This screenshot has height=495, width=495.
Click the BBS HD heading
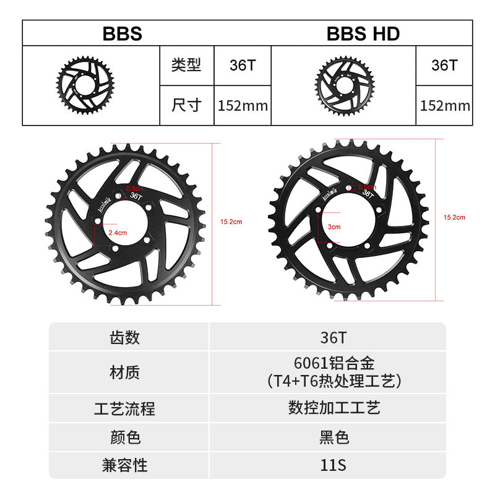point(363,33)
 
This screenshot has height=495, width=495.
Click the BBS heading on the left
point(122,33)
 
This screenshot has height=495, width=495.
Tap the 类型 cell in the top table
point(186,65)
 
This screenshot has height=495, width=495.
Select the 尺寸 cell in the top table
point(186,105)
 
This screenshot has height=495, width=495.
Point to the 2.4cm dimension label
point(117,233)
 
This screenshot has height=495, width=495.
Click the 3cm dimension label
point(334,227)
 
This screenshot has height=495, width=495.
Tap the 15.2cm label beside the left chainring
point(231,221)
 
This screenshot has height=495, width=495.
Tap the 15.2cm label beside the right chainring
point(455,217)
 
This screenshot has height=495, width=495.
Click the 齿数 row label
point(125,338)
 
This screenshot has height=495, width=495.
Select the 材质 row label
point(125,372)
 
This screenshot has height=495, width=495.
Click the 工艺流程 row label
point(125,408)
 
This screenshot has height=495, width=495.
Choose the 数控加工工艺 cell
point(334,408)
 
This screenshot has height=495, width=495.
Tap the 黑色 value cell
point(334,437)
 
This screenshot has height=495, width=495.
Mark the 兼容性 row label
point(125,465)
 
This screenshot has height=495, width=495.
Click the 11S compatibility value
point(334,465)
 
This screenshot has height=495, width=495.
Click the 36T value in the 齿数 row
point(334,338)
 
